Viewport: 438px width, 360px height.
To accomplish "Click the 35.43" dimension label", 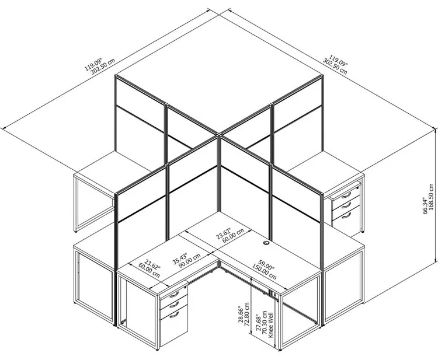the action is (180, 257).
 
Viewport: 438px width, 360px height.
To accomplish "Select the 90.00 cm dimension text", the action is (189, 260).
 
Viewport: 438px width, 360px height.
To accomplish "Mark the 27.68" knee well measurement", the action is (259, 324).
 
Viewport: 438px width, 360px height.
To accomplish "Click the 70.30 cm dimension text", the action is (265, 323).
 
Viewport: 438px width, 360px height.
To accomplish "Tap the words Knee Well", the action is (270, 325).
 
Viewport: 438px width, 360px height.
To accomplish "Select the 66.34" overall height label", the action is (425, 205).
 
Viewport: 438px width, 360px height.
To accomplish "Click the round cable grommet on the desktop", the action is (266, 243).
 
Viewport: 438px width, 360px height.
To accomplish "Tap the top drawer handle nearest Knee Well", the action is (174, 294).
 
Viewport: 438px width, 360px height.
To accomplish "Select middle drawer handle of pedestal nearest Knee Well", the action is (174, 304).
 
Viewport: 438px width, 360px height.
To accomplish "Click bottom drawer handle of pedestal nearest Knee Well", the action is (174, 315).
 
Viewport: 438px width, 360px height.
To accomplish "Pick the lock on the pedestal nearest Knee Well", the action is (185, 287).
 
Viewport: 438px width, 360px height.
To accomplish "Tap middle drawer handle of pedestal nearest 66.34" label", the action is (346, 205).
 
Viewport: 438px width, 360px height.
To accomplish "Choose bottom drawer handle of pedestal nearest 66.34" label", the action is (346, 215).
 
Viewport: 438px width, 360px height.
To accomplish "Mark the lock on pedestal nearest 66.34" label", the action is (358, 188).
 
